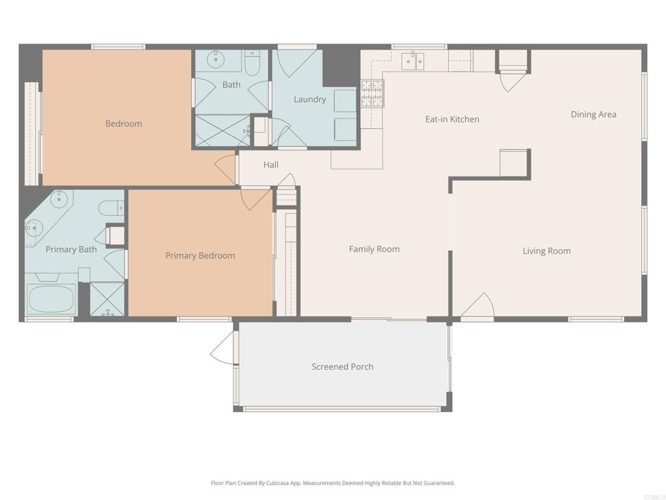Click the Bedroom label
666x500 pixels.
pyautogui.click(x=124, y=124)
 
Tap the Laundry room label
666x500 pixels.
pyautogui.click(x=310, y=100)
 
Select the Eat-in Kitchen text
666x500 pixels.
pyautogui.click(x=452, y=119)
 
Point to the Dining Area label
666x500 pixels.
pyautogui.click(x=593, y=115)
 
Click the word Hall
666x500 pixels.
pyautogui.click(x=271, y=165)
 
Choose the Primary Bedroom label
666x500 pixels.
pyautogui.click(x=200, y=256)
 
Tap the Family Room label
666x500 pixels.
pyautogui.click(x=374, y=249)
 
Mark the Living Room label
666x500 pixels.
pyautogui.click(x=546, y=251)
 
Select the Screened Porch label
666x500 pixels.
pyautogui.click(x=343, y=367)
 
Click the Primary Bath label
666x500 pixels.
pyautogui.click(x=71, y=249)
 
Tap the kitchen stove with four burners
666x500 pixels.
pyautogui.click(x=372, y=93)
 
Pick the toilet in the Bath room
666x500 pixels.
pyautogui.click(x=252, y=63)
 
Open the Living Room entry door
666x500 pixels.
pyautogui.click(x=478, y=307)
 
